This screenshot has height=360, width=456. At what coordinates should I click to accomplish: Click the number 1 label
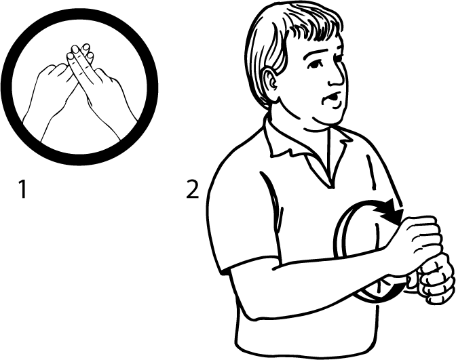coord(22,189)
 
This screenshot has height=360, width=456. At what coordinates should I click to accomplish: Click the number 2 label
coord(192,189)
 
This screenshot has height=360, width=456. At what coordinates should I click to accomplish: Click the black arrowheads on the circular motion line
coord(389,212)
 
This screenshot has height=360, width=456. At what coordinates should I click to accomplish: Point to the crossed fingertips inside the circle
coord(79,52)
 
